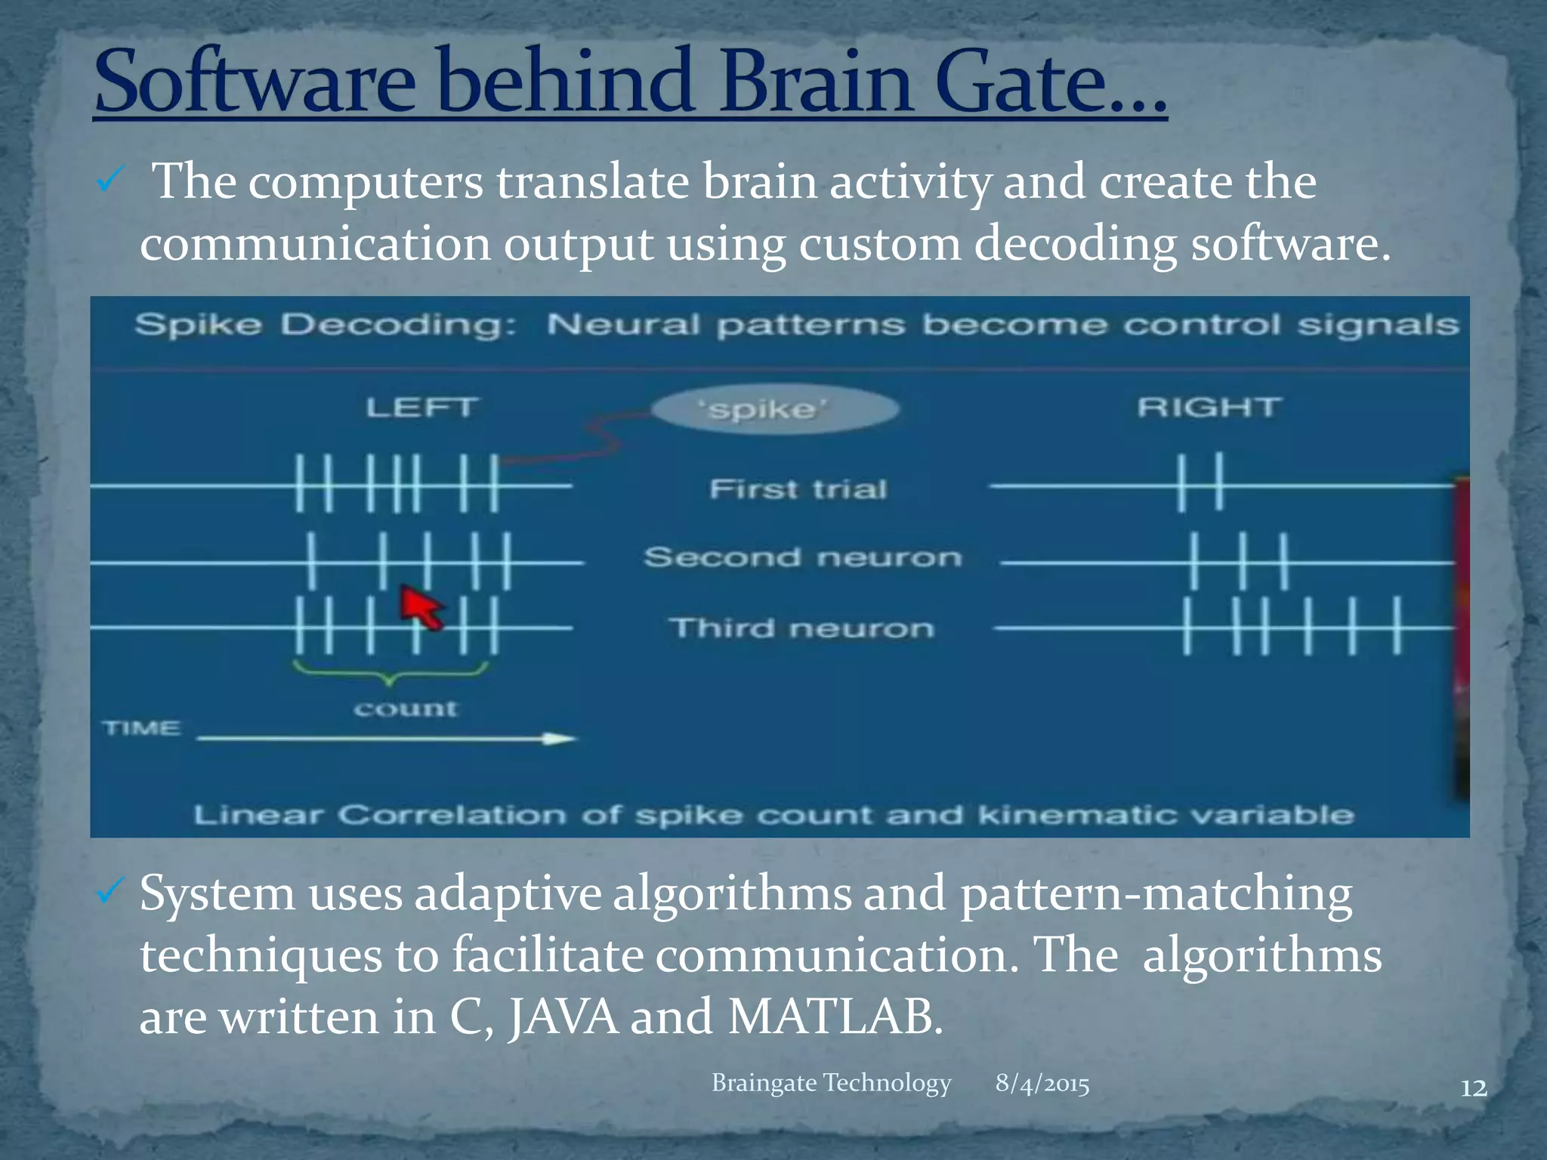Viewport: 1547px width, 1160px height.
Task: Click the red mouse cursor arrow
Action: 420,607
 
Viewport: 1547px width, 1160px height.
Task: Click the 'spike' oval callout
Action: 775,409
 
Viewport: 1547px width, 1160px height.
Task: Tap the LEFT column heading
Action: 421,408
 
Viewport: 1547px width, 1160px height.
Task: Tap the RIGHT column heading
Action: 1209,408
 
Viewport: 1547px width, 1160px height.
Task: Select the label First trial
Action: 798,489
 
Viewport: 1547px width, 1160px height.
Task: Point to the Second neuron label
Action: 803,557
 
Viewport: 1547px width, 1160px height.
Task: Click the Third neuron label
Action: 801,628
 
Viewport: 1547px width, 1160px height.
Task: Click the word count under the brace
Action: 406,708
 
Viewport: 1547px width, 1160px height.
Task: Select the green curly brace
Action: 390,671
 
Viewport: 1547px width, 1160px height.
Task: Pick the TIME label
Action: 142,728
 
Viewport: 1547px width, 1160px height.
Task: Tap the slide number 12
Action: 1473,1088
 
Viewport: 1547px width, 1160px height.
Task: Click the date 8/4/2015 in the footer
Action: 1042,1083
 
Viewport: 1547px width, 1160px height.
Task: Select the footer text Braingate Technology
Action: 831,1082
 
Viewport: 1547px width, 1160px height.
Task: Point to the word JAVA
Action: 563,1017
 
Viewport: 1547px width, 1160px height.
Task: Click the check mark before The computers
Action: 110,181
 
